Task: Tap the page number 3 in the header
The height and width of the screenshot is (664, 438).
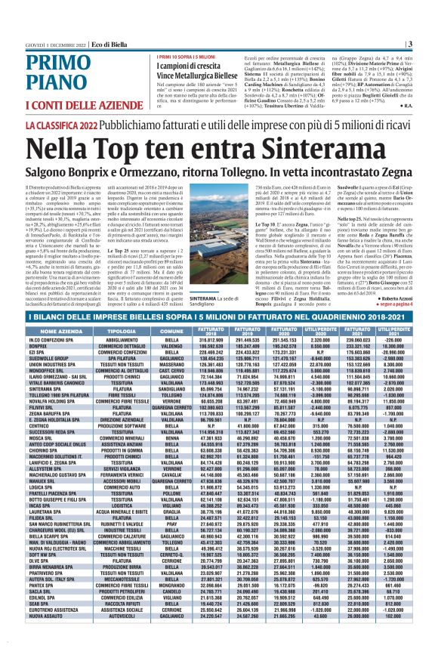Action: point(409,44)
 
